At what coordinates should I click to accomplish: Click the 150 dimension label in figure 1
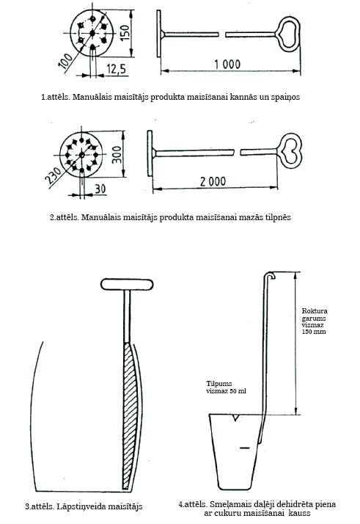(125, 33)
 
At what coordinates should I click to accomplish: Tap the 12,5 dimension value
(117, 69)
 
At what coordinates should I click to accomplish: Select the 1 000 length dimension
(227, 64)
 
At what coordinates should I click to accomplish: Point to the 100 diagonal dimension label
(65, 60)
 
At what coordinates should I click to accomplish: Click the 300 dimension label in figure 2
(117, 155)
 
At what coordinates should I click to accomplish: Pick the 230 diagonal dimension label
(54, 175)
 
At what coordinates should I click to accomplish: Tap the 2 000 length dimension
(213, 181)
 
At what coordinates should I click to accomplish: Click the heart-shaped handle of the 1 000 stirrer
(287, 34)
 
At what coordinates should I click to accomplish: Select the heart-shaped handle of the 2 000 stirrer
(290, 153)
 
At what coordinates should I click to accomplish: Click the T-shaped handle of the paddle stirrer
(127, 284)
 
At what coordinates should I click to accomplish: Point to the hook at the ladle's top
(270, 274)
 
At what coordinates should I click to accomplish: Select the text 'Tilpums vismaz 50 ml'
(226, 387)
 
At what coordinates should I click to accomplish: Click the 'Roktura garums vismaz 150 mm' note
(315, 321)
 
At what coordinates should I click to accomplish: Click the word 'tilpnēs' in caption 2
(278, 217)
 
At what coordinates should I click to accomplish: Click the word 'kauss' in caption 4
(299, 513)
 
